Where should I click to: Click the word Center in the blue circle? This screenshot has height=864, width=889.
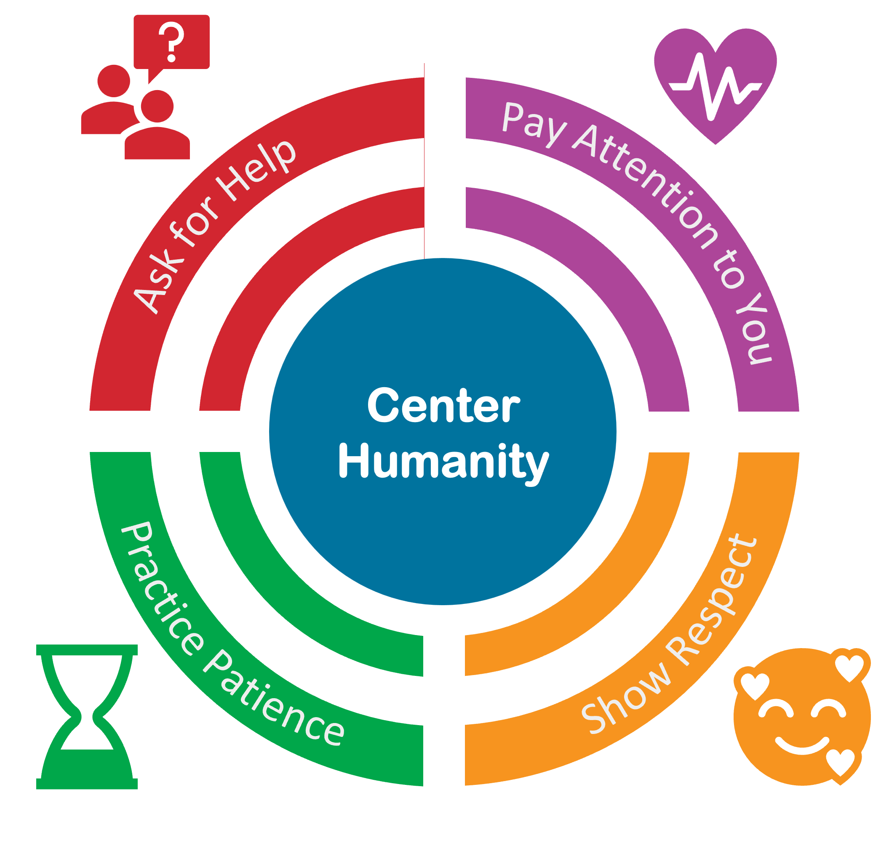pyautogui.click(x=443, y=405)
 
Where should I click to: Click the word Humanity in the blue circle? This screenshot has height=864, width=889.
pyautogui.click(x=443, y=463)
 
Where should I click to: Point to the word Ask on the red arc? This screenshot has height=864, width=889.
pyautogui.click(x=157, y=286)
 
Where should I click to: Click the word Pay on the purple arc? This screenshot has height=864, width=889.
pyautogui.click(x=534, y=122)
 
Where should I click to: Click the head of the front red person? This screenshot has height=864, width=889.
pyautogui.click(x=157, y=106)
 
